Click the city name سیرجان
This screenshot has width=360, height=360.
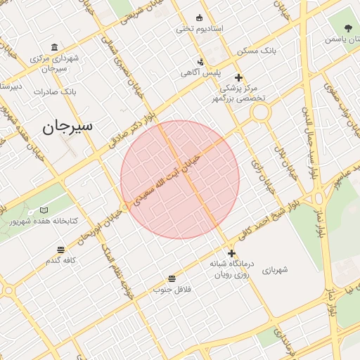67,127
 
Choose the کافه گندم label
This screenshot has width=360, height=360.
60,261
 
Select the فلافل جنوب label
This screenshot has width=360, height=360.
172,289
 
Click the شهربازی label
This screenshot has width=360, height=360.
275,269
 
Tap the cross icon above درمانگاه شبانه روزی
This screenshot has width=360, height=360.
232,253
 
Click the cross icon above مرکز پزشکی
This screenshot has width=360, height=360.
238,77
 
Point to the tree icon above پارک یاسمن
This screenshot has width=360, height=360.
349,28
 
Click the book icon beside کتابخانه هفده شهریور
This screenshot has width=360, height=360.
44,210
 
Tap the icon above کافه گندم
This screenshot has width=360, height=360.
60,250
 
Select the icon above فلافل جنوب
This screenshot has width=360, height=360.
172,278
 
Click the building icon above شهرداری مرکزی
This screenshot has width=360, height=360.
55,46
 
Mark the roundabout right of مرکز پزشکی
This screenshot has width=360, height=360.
260,112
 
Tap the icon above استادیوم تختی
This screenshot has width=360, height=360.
199,18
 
